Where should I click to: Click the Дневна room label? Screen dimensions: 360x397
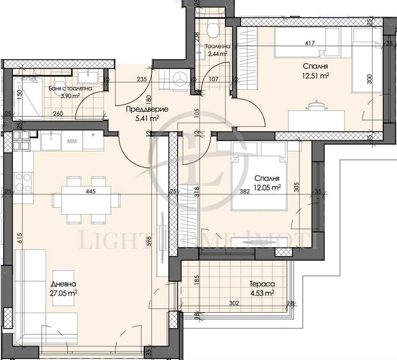tap(64, 284)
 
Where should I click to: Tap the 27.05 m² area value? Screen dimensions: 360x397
tap(64, 293)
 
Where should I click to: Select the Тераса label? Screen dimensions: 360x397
tap(258, 284)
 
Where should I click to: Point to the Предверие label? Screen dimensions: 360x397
tap(140, 109)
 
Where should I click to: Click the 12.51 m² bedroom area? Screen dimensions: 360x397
tap(316, 76)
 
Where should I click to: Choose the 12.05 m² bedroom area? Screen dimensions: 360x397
tap(267, 188)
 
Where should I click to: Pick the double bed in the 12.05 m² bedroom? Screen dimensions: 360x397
tap(258, 175)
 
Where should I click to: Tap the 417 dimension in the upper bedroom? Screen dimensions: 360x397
tap(310, 44)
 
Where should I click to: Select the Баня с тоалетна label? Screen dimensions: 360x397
tap(71, 88)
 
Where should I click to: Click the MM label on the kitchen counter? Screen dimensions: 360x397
tap(72, 140)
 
